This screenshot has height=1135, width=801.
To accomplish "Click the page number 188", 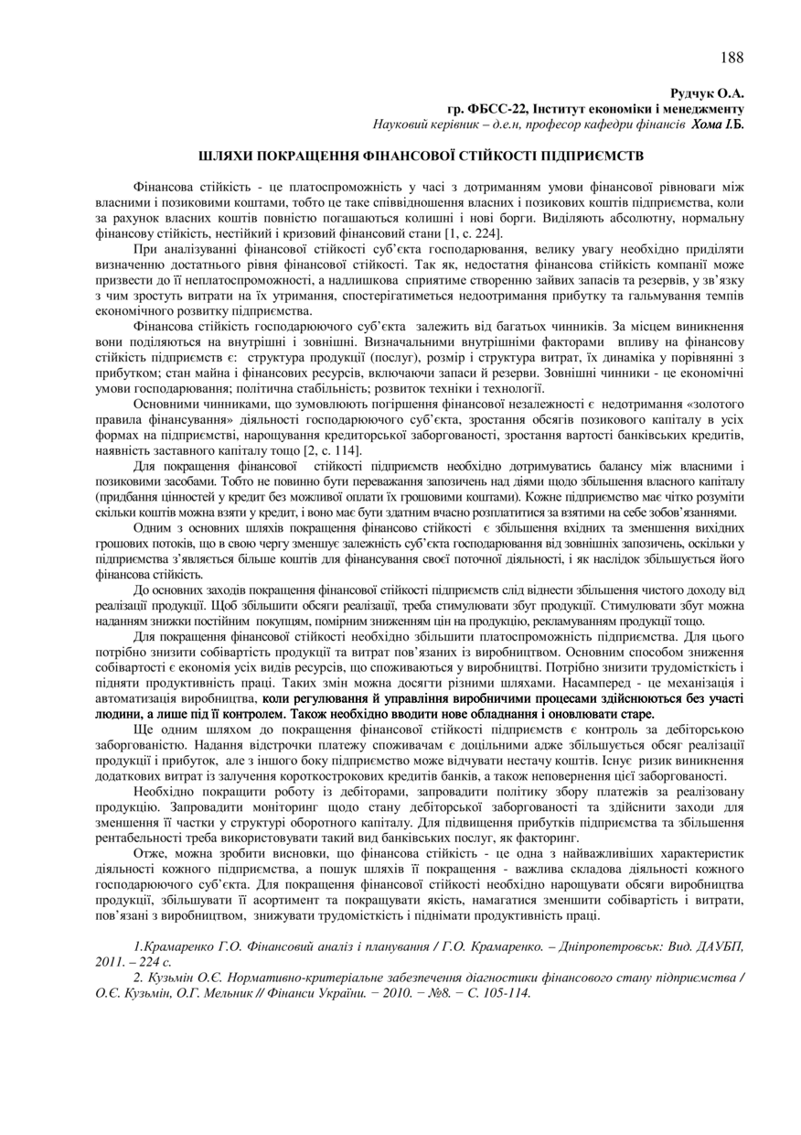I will click(732, 58).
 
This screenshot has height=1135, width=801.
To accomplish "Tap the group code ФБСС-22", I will click(490, 108).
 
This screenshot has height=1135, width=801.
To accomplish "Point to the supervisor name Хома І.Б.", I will click(718, 123).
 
